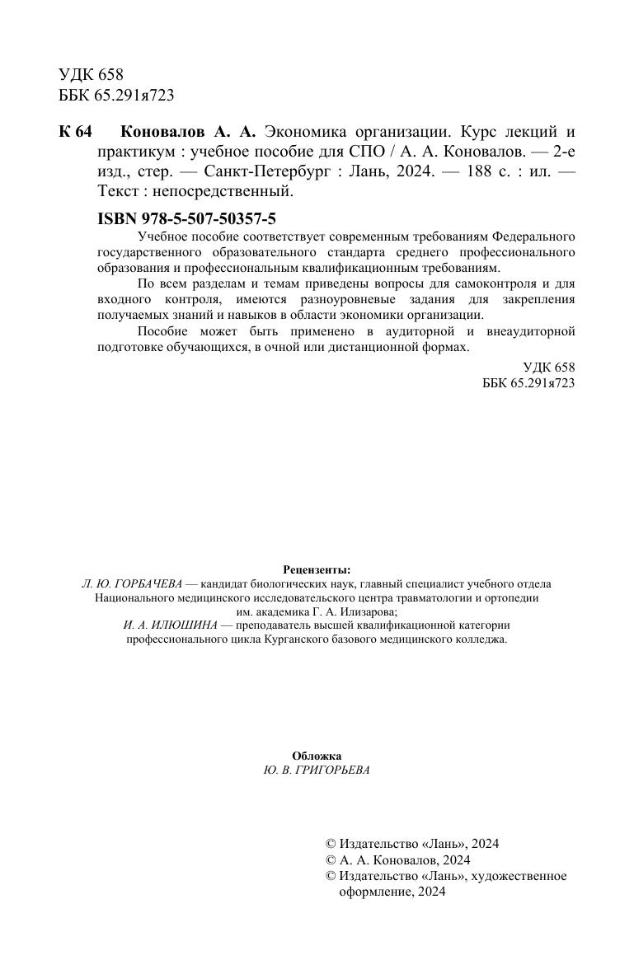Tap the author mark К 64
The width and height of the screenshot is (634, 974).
click(76, 133)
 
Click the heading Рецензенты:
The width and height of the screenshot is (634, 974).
click(317, 569)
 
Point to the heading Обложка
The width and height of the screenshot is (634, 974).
click(317, 756)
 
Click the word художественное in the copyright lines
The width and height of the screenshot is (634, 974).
click(526, 876)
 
